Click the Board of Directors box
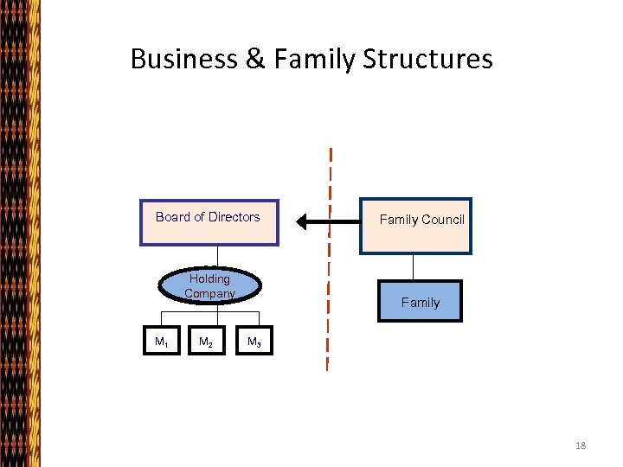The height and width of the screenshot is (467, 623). (209, 223)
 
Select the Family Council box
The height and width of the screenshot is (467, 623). (416, 226)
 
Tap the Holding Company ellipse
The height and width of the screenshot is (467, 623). (209, 286)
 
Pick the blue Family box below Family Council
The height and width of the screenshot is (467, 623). (420, 302)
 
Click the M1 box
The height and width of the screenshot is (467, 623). (161, 342)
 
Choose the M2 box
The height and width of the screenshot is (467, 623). (207, 342)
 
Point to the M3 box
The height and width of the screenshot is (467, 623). (254, 342)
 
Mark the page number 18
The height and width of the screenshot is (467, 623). (580, 445)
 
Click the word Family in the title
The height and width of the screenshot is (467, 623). (314, 59)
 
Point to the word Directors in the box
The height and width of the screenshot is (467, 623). (234, 217)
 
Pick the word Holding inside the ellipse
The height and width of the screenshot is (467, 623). (209, 278)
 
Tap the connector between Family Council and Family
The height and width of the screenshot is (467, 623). (415, 267)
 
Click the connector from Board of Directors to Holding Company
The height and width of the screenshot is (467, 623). (217, 257)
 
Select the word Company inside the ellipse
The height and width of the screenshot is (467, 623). (209, 293)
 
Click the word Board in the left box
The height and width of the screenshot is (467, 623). (172, 217)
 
